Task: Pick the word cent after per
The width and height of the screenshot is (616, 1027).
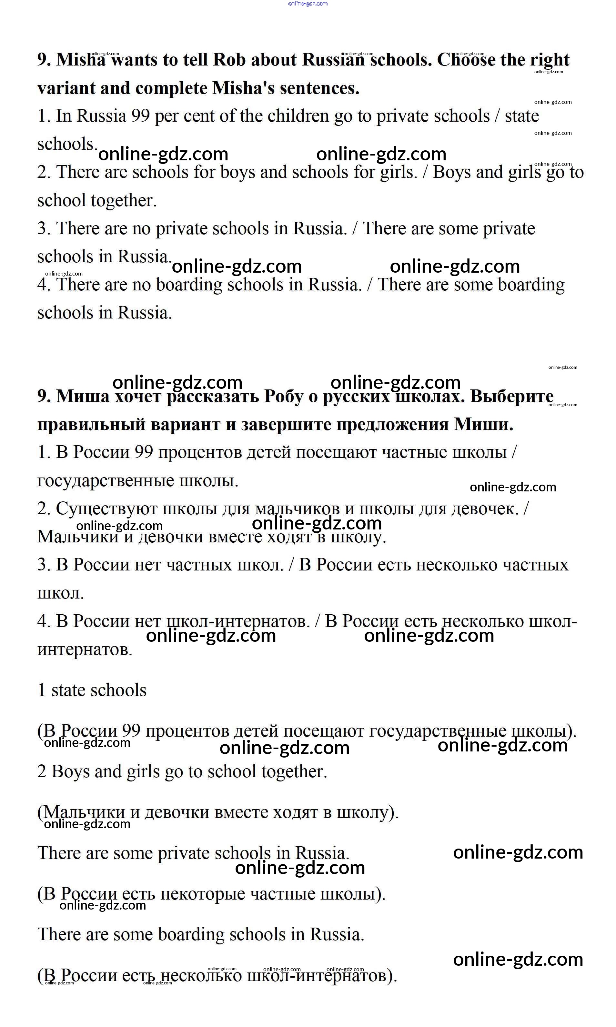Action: [201, 116]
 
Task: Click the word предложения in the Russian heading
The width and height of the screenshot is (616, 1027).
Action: [392, 425]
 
